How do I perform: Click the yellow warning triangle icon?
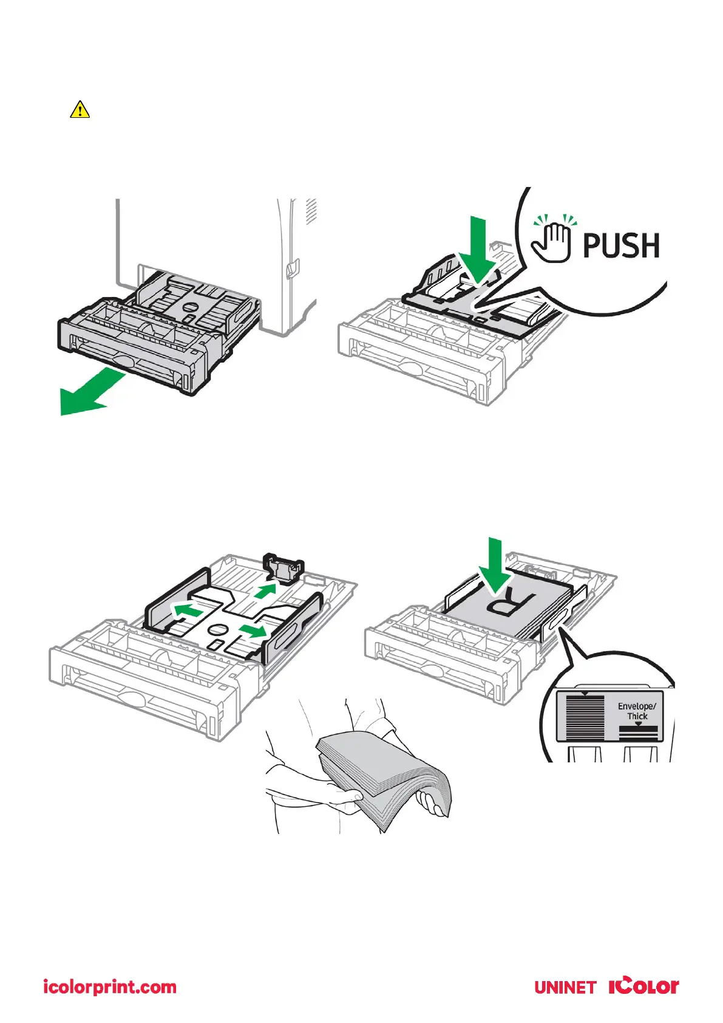coord(80,110)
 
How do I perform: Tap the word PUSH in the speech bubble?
coord(620,245)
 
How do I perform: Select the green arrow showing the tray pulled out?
coord(88,394)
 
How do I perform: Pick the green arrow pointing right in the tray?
coord(253,630)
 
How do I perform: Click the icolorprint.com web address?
coord(110,987)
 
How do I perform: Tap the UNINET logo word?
coord(565,988)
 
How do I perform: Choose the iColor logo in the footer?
coord(643,986)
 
